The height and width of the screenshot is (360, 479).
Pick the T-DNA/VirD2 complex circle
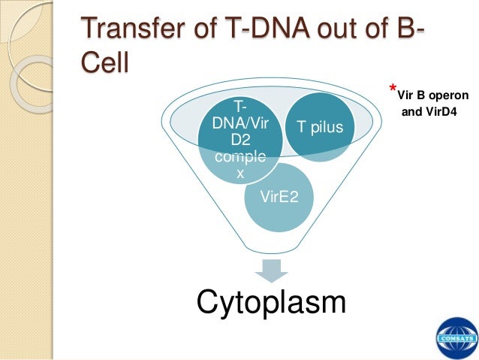coord(236,139)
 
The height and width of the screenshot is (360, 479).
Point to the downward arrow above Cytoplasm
coord(271,268)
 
